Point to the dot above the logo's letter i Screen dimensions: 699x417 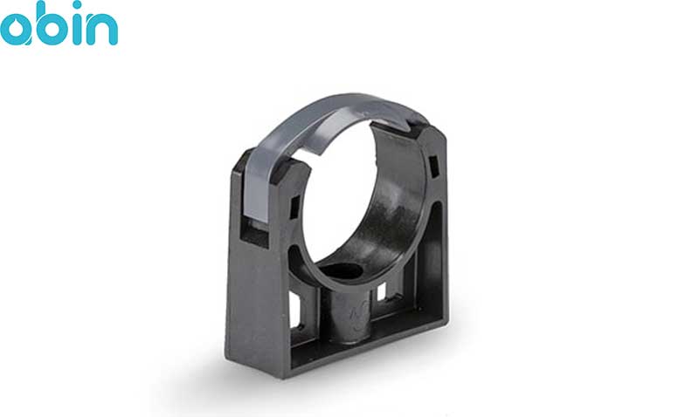78,5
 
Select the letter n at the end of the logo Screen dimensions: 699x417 102,30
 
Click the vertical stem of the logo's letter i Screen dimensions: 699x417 78,30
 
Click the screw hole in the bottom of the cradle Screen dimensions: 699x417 340,271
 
